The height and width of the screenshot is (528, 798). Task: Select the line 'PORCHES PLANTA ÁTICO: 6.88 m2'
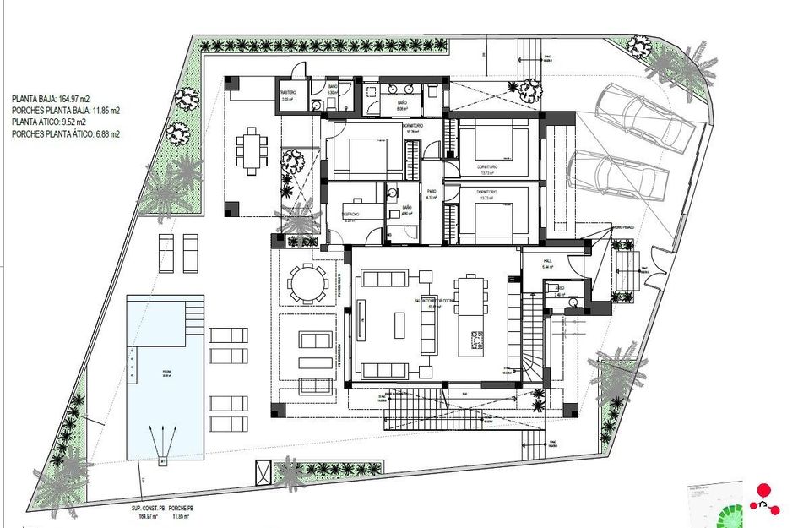point(66,133)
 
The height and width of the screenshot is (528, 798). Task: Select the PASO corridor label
point(431,192)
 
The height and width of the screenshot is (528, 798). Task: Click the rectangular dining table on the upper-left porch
point(250,150)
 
